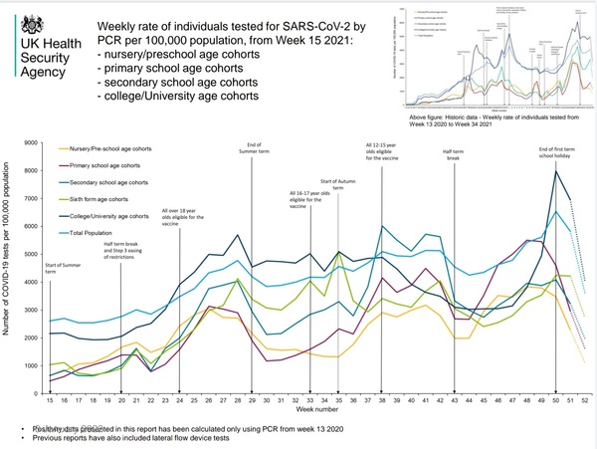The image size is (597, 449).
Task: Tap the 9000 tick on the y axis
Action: click(31, 144)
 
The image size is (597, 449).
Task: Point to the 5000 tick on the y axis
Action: click(31, 256)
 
